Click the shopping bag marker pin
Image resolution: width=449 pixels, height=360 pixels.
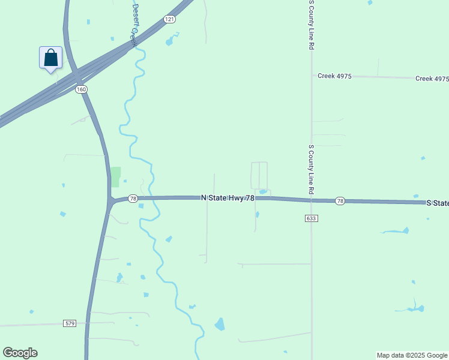click(51, 58)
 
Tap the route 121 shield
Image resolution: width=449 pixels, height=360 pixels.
click(170, 20)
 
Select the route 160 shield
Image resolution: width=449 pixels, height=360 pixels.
click(82, 89)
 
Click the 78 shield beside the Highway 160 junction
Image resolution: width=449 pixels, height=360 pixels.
click(133, 198)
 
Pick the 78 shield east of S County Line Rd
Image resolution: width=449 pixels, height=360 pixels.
click(340, 200)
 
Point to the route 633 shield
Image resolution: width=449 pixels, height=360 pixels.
click(310, 218)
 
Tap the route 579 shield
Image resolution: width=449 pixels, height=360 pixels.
click(70, 323)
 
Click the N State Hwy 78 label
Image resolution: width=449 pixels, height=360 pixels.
click(228, 197)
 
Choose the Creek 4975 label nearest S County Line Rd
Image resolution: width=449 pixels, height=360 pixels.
click(334, 76)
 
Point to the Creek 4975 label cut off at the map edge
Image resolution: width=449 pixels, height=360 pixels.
click(432, 79)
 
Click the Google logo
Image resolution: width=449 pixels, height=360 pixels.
click(20, 353)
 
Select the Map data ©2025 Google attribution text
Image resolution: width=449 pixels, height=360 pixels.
click(412, 355)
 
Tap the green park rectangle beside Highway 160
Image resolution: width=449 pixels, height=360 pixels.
click(115, 176)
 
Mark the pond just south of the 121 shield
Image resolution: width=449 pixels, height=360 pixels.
click(171, 41)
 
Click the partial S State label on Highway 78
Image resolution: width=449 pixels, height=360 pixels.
click(437, 203)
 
